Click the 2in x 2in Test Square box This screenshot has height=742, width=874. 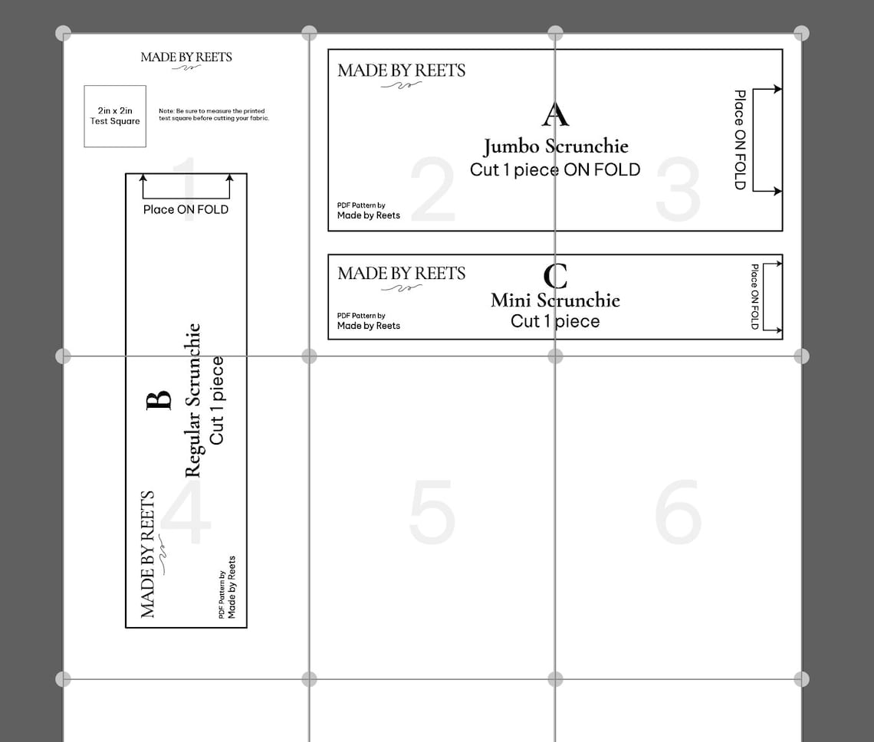point(115,116)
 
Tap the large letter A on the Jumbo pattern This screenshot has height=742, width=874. point(555,114)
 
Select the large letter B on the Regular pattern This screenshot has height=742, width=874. point(158,400)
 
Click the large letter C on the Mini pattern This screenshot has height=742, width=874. point(555,275)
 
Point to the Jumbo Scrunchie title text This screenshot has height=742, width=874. point(555,146)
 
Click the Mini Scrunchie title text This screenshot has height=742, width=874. point(555,300)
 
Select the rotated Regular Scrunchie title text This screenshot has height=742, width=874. point(192,399)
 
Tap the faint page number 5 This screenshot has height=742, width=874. point(432,512)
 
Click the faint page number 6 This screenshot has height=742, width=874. point(678,512)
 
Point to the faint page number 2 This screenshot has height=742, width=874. point(433,189)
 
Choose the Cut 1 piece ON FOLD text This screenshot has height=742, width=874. point(555,170)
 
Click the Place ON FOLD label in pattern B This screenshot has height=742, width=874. point(186,209)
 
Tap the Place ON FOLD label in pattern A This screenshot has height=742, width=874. point(739,140)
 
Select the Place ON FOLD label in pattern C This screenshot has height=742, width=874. point(754,297)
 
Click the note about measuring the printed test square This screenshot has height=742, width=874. point(214,115)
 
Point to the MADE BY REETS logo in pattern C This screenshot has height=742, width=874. point(401,274)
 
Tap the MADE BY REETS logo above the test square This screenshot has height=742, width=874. point(186,57)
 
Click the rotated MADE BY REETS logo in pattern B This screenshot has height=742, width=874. point(148,553)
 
